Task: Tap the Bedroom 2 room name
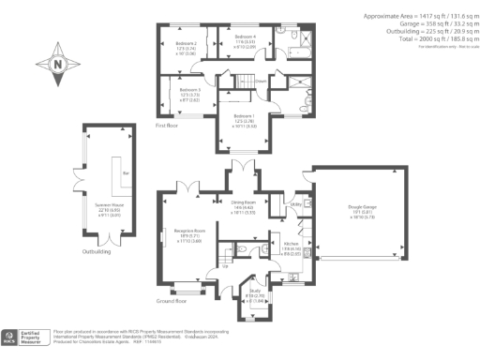tap(186, 43)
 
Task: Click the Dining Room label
tap(244, 201)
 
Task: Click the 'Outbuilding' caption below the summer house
tap(97, 251)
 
